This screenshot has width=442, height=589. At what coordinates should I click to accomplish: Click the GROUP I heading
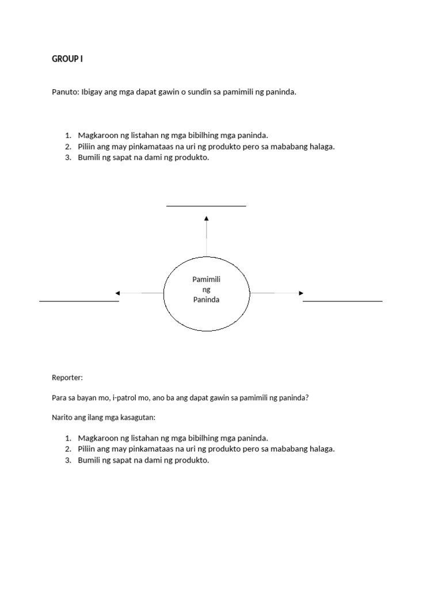point(67,59)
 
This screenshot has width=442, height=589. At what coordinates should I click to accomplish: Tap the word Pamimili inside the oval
point(206,280)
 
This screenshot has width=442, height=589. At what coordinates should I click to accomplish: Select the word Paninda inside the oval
point(206,300)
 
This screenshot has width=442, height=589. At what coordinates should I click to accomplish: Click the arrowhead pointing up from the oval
point(207,218)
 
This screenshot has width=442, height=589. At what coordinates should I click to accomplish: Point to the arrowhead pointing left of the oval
point(118,293)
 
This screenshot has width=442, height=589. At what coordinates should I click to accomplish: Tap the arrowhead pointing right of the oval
point(300,293)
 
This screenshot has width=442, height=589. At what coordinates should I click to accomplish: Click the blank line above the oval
point(206,205)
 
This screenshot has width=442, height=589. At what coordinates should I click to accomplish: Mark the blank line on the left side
point(79,301)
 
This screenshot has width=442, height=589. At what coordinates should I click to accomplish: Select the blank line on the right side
point(342,301)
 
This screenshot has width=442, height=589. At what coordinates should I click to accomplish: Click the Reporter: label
point(67,378)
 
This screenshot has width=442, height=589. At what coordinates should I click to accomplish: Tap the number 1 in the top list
point(67,136)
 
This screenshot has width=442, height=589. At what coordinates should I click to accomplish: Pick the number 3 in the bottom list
point(67,460)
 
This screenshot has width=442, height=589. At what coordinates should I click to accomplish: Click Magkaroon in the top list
point(96,136)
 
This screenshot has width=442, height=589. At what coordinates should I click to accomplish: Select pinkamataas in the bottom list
point(139,449)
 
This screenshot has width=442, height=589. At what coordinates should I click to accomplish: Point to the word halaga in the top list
point(322,147)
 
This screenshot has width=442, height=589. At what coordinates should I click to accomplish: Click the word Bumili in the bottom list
point(89,460)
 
